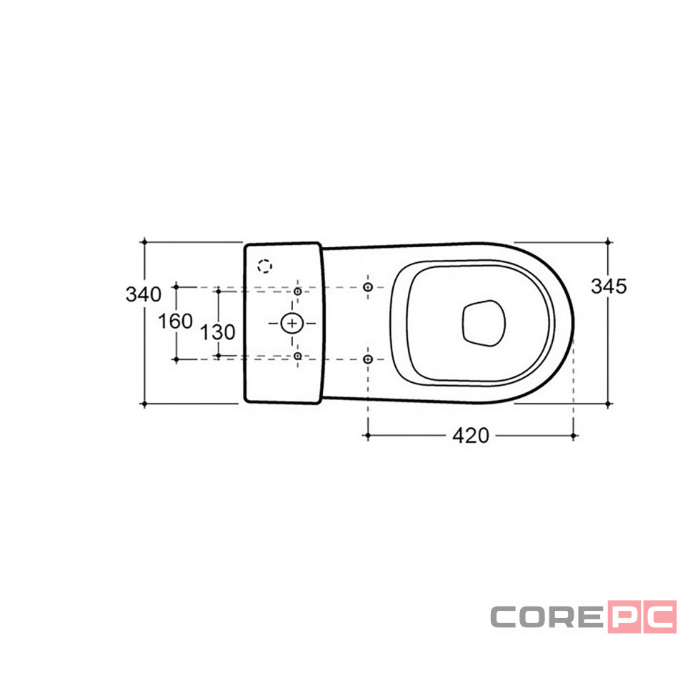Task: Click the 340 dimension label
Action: (144, 294)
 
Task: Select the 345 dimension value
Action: (609, 286)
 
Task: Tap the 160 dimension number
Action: (176, 321)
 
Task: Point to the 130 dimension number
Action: (218, 332)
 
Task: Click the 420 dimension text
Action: (471, 436)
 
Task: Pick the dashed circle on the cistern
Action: (265, 266)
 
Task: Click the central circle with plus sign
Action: (292, 324)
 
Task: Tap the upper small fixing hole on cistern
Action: (298, 291)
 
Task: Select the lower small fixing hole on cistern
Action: (298, 356)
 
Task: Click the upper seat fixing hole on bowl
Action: (368, 287)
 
